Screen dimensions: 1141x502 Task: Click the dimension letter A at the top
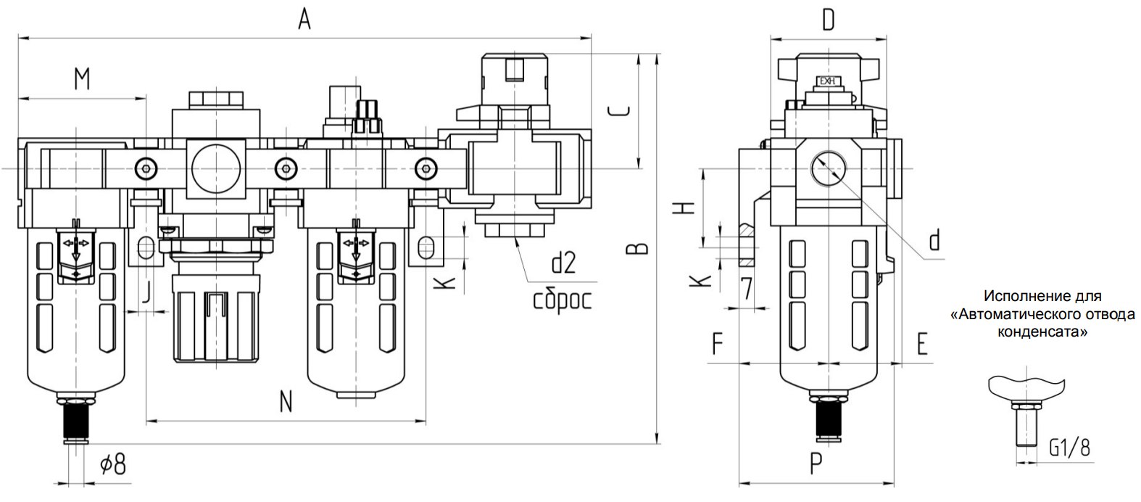(304, 20)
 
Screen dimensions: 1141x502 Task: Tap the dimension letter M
(82, 78)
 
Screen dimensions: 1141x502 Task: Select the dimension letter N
(286, 401)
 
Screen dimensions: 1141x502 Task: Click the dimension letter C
(620, 111)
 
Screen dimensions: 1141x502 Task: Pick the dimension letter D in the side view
(829, 20)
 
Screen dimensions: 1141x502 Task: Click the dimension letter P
(816, 464)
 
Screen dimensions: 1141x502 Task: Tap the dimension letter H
(684, 207)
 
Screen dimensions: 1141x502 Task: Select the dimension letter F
(717, 344)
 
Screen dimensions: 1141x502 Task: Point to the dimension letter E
(922, 344)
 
